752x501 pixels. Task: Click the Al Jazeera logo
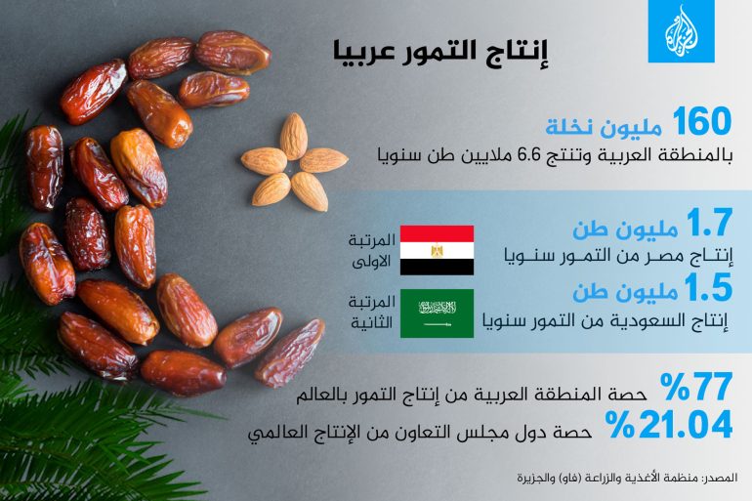pyautogui.click(x=681, y=31)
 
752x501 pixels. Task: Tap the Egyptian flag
pyautogui.click(x=437, y=250)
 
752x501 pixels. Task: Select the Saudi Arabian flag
pyautogui.click(x=437, y=313)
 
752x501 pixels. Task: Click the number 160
pyautogui.click(x=701, y=122)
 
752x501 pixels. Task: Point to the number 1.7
pyautogui.click(x=709, y=223)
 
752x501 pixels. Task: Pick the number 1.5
pyautogui.click(x=708, y=288)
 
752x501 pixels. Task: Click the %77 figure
pyautogui.click(x=696, y=387)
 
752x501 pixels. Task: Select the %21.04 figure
pyautogui.click(x=669, y=424)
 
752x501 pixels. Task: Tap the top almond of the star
pyautogui.click(x=294, y=136)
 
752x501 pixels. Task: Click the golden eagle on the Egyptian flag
pyautogui.click(x=437, y=250)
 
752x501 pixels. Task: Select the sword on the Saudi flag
pyautogui.click(x=437, y=325)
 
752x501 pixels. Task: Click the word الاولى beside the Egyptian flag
pyautogui.click(x=371, y=262)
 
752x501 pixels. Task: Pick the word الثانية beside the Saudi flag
pyautogui.click(x=371, y=323)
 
